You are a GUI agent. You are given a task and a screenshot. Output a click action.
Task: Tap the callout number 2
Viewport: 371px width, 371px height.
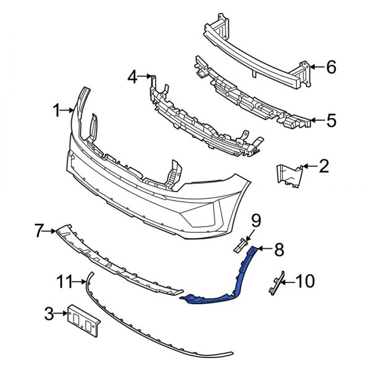(x=324, y=166)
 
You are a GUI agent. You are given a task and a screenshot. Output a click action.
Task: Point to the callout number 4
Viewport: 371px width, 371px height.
(x=132, y=77)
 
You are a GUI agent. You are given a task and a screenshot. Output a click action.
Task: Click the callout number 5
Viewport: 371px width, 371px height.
(x=331, y=120)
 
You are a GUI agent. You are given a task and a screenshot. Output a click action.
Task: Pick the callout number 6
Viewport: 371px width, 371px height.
(x=331, y=67)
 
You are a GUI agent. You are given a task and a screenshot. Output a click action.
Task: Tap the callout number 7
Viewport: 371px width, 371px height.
(x=38, y=232)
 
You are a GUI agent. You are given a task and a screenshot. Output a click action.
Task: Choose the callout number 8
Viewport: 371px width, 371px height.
(x=279, y=250)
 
